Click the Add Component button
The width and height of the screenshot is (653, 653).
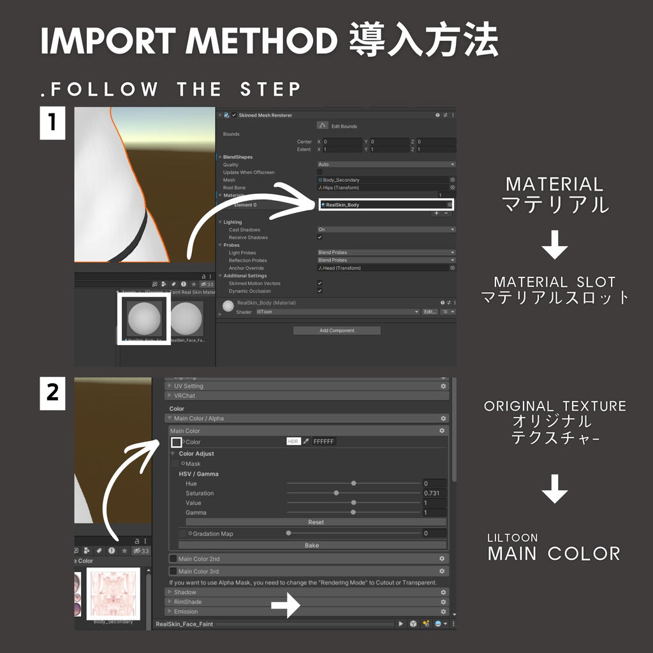coord(337,330)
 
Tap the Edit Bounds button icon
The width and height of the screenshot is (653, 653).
coord(323,126)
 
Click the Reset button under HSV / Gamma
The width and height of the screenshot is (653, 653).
coord(316,522)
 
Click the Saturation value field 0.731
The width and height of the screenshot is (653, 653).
coord(434,493)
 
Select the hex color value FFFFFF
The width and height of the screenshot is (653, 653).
coord(323,441)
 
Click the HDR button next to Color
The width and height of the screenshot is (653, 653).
coord(293,441)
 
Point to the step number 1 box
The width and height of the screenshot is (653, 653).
coord(53,124)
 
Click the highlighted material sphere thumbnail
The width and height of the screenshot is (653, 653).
coord(144,318)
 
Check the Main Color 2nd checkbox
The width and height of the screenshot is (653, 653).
coord(173,559)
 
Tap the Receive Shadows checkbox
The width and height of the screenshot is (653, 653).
coord(320,237)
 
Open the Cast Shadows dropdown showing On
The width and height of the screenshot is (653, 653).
coord(386,230)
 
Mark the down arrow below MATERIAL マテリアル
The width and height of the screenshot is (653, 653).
coord(555,246)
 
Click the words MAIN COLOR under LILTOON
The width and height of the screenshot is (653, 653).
coord(554,554)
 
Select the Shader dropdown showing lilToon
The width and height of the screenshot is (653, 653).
coord(337,312)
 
